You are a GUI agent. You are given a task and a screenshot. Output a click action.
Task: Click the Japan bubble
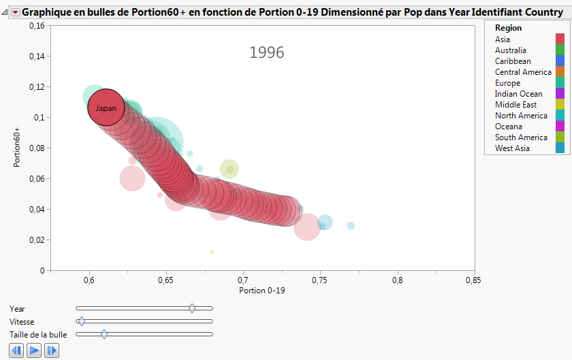pos(106,108)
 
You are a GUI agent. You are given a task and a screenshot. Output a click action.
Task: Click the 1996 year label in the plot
pos(266,52)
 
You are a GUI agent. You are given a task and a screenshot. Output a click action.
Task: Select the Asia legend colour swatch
pos(560,39)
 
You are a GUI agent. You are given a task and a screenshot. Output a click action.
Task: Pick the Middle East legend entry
pos(515,105)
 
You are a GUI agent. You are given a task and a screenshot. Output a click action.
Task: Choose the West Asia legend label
pos(512,148)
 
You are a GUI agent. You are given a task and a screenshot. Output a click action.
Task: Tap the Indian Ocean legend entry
pos(518,94)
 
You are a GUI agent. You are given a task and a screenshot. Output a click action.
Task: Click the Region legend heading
pos(509,28)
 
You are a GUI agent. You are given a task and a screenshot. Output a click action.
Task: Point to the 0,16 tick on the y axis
pos(35,25)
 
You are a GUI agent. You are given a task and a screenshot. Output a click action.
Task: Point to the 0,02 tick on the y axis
pos(35,240)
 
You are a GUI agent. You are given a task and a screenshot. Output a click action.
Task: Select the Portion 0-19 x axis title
pos(263,291)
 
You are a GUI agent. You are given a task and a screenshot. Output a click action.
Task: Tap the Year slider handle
pos(192,308)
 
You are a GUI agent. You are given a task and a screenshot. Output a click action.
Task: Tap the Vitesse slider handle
pos(82,321)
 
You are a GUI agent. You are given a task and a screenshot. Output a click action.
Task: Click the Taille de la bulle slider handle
pos(104,334)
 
